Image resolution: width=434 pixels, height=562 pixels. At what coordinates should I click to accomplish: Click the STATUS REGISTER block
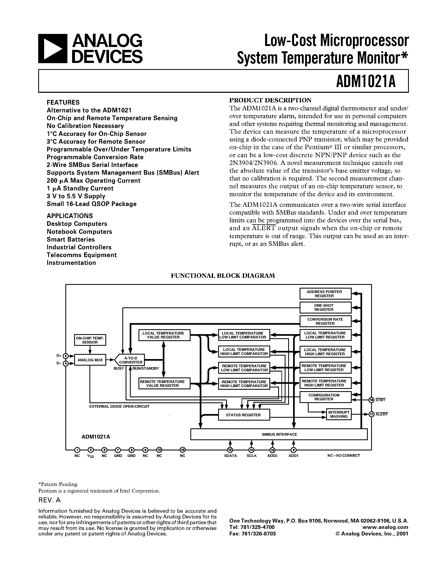tap(244, 415)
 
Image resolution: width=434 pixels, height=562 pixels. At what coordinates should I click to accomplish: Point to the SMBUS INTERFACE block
tap(279, 434)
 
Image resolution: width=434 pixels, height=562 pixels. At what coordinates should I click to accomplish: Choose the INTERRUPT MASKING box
tap(339, 414)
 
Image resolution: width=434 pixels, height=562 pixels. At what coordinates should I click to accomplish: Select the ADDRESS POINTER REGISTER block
tap(325, 294)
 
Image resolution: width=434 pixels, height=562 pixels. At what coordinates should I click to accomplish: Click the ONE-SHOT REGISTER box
tap(325, 308)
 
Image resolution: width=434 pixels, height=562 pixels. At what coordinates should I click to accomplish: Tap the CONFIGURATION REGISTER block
tap(325, 397)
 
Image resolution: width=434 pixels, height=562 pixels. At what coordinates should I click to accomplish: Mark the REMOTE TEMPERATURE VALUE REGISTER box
tap(164, 383)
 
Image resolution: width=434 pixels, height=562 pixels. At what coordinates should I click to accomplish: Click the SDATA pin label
tap(230, 456)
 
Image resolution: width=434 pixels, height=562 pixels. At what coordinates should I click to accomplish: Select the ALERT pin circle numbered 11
tap(371, 414)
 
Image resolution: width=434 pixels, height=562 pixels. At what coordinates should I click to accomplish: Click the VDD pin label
tap(90, 456)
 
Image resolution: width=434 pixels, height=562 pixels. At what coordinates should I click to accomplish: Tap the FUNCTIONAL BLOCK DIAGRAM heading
tap(223, 276)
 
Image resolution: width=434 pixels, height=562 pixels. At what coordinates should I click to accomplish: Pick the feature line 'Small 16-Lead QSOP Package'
tap(91, 204)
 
